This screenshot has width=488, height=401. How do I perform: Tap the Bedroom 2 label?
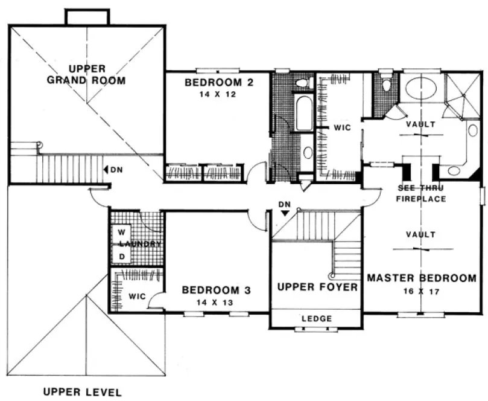218,83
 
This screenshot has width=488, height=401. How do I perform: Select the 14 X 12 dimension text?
218,95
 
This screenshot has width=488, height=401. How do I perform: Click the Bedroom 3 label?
217,290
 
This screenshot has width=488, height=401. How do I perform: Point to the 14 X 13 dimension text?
217,302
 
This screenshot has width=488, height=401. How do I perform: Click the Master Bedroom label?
422,278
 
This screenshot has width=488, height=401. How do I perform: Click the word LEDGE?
317,318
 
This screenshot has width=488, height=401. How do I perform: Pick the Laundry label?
140,244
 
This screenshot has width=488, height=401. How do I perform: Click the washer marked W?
121,232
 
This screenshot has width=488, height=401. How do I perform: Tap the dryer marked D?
121,256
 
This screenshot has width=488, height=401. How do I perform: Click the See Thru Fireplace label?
422,193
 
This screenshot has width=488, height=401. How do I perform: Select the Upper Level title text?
82,391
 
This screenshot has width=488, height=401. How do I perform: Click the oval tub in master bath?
422,89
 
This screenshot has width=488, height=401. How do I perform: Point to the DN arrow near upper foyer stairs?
286,212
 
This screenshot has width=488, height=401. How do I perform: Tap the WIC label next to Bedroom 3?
136,297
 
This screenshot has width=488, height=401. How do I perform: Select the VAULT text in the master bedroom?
421,234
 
